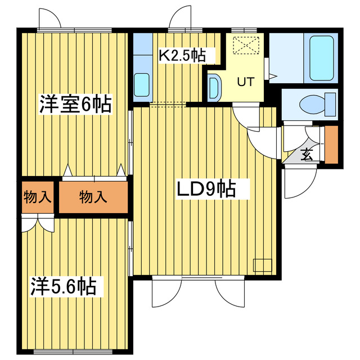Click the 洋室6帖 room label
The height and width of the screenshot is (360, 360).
(75, 105)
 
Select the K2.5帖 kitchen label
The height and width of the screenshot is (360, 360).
(181, 56)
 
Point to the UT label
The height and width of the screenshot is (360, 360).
(245, 82)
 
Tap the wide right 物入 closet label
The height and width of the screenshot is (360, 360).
(93, 197)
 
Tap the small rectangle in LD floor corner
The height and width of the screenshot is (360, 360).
(262, 264)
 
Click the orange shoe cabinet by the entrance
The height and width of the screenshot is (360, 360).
(331, 145)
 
